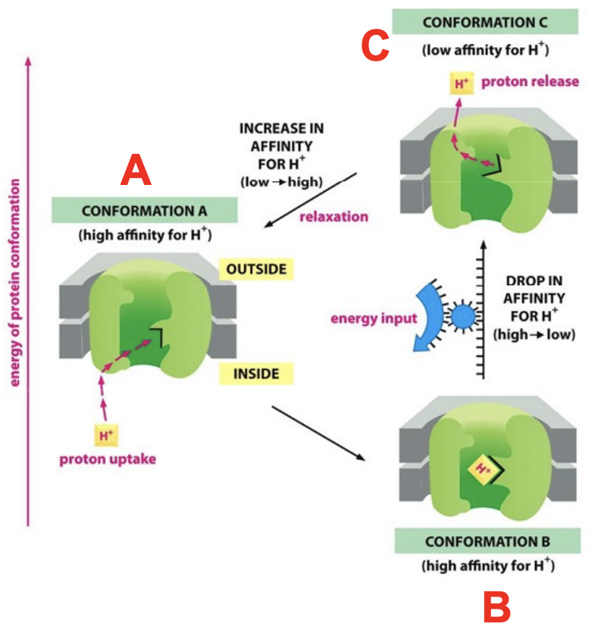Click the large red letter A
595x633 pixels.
pyautogui.click(x=136, y=170)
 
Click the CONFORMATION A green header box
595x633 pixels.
pyautogui.click(x=144, y=210)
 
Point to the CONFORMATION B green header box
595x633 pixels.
pyautogui.click(x=487, y=541)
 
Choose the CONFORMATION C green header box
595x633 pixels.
pyautogui.click(x=484, y=22)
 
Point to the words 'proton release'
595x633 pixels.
pyautogui.click(x=518, y=81)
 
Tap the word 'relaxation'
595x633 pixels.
pyautogui.click(x=334, y=217)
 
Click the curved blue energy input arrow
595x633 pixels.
pyautogui.click(x=429, y=318)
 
